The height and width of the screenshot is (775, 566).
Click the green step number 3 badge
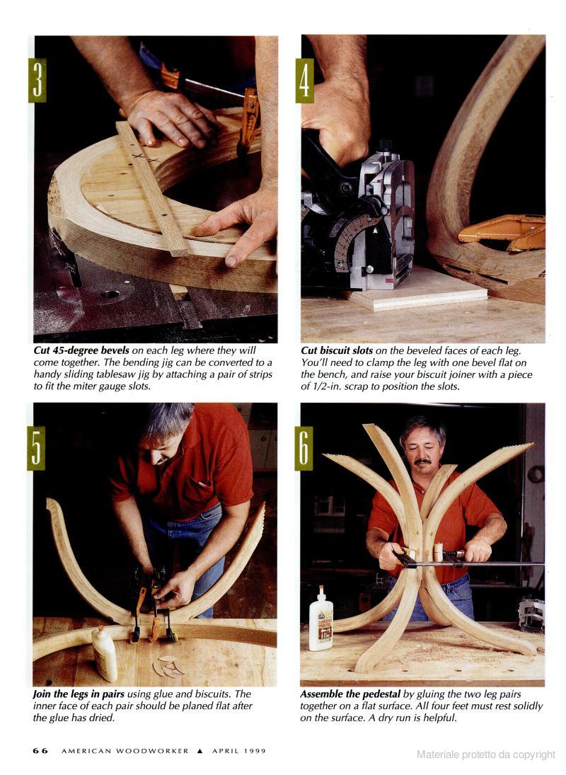(37, 80)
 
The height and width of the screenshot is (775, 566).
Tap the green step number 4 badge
(304, 80)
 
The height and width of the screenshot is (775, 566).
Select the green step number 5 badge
(36, 448)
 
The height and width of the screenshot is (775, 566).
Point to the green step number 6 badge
(304, 448)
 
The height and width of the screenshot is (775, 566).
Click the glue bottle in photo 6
(321, 619)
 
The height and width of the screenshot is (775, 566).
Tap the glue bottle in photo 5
(104, 653)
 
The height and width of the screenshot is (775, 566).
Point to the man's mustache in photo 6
(423, 461)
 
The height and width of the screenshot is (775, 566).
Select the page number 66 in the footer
(40, 751)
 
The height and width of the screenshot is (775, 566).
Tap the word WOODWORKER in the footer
(152, 751)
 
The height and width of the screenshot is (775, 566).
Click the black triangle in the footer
(200, 751)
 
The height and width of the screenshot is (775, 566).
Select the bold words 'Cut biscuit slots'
(337, 350)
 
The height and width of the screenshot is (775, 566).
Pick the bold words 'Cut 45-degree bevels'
(81, 350)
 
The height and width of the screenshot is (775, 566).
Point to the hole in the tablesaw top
(110, 294)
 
